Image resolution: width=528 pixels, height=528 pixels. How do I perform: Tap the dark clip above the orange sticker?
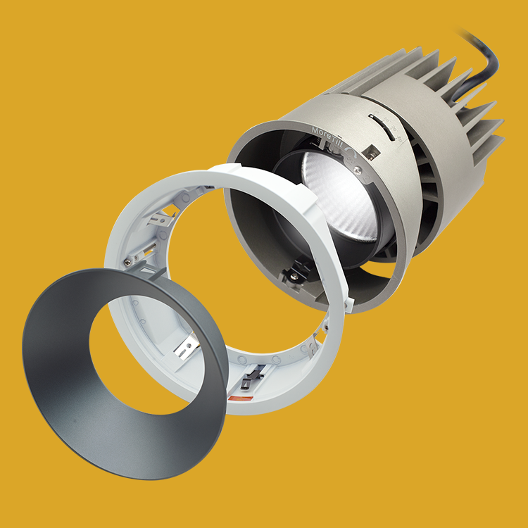247,380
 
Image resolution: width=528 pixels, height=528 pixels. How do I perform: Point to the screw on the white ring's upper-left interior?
130,262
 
